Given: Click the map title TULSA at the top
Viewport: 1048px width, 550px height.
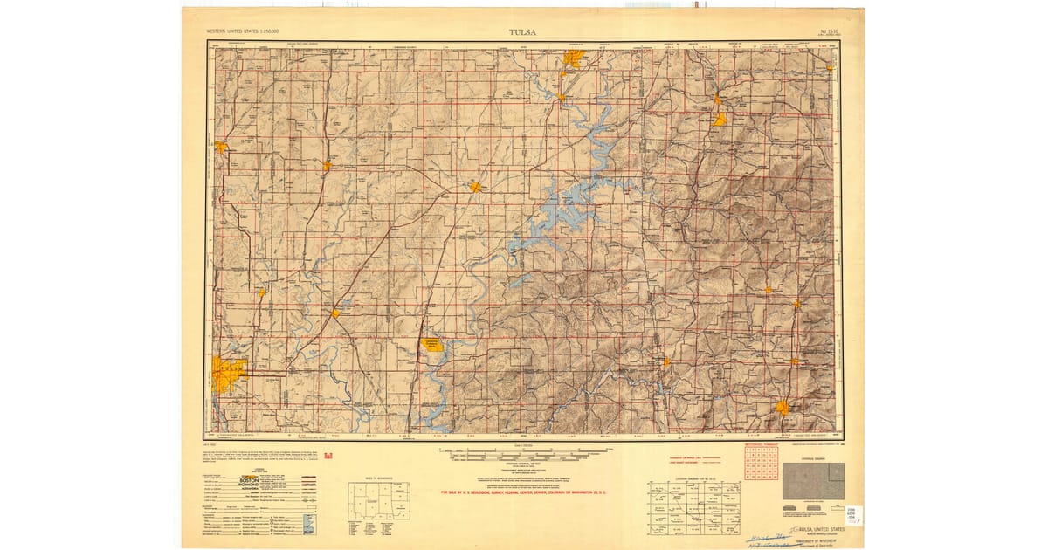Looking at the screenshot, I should (x=523, y=33).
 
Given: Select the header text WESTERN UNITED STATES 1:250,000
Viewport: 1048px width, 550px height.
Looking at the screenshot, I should (x=242, y=32).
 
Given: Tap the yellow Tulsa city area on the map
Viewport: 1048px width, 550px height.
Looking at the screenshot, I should (x=229, y=374).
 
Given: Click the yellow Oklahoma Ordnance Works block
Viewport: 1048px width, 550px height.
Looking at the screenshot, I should (x=433, y=346).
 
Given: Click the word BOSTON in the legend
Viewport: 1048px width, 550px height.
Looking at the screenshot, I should (x=272, y=480).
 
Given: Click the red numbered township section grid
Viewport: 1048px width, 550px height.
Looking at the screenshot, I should (x=761, y=463).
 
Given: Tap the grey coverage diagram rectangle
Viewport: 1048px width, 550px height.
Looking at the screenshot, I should (x=813, y=480).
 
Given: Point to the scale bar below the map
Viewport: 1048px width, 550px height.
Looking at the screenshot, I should (x=523, y=453).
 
